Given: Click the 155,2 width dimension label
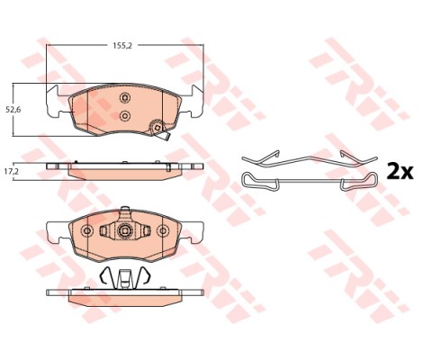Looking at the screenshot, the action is [122, 46].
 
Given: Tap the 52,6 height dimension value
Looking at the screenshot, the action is [13, 110].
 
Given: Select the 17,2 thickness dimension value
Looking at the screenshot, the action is [13, 172].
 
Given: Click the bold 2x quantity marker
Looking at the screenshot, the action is [400, 171].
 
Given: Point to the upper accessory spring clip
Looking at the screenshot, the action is [309, 160].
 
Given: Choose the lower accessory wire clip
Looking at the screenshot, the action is [309, 181].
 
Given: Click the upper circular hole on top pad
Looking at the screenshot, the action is [124, 97].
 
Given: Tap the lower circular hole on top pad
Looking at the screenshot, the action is [124, 115].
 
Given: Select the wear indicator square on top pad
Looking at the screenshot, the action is [157, 128].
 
